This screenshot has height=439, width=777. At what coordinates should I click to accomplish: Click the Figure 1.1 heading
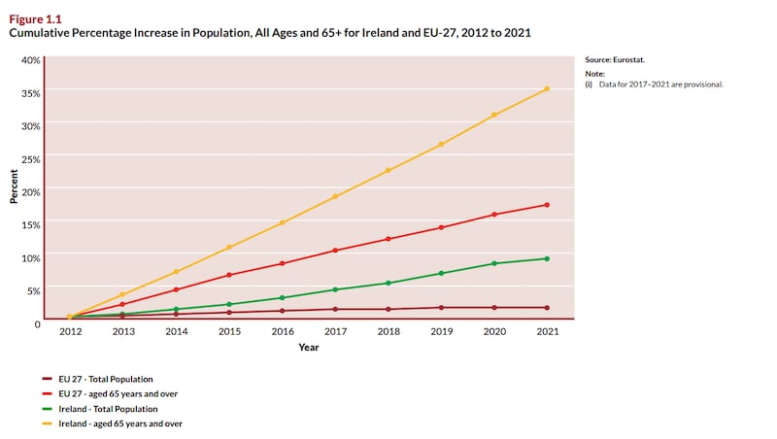pyautogui.click(x=35, y=17)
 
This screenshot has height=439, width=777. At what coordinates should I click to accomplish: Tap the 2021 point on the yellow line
pyautogui.click(x=547, y=89)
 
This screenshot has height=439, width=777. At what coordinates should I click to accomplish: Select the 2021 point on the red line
pyautogui.click(x=547, y=205)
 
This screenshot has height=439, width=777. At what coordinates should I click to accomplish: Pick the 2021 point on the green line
pyautogui.click(x=547, y=258)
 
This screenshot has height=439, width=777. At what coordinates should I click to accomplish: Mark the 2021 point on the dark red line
pyautogui.click(x=547, y=308)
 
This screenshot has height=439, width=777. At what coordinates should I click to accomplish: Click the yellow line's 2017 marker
pyautogui.click(x=335, y=196)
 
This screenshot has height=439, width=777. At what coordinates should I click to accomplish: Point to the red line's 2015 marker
pyautogui.click(x=229, y=275)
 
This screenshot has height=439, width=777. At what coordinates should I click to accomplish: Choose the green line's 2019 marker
pyautogui.click(x=441, y=273)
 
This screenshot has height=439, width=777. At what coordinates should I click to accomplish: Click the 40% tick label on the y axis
pyautogui.click(x=31, y=60)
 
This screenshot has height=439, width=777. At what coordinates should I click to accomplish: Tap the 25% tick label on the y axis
pyautogui.click(x=31, y=159)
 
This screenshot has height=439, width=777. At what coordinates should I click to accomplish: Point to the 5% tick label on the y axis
pyautogui.click(x=33, y=290)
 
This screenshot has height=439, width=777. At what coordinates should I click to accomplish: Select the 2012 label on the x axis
pyautogui.click(x=70, y=331)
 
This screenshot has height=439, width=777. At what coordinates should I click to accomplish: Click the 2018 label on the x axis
pyautogui.click(x=388, y=331)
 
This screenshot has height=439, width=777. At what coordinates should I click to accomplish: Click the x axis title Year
pyautogui.click(x=308, y=347)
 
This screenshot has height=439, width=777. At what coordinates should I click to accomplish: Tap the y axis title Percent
pyautogui.click(x=14, y=186)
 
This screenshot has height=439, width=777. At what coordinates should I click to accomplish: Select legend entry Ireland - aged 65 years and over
pyautogui.click(x=120, y=423)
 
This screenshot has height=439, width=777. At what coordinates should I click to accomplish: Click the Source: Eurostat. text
pyautogui.click(x=614, y=60)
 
